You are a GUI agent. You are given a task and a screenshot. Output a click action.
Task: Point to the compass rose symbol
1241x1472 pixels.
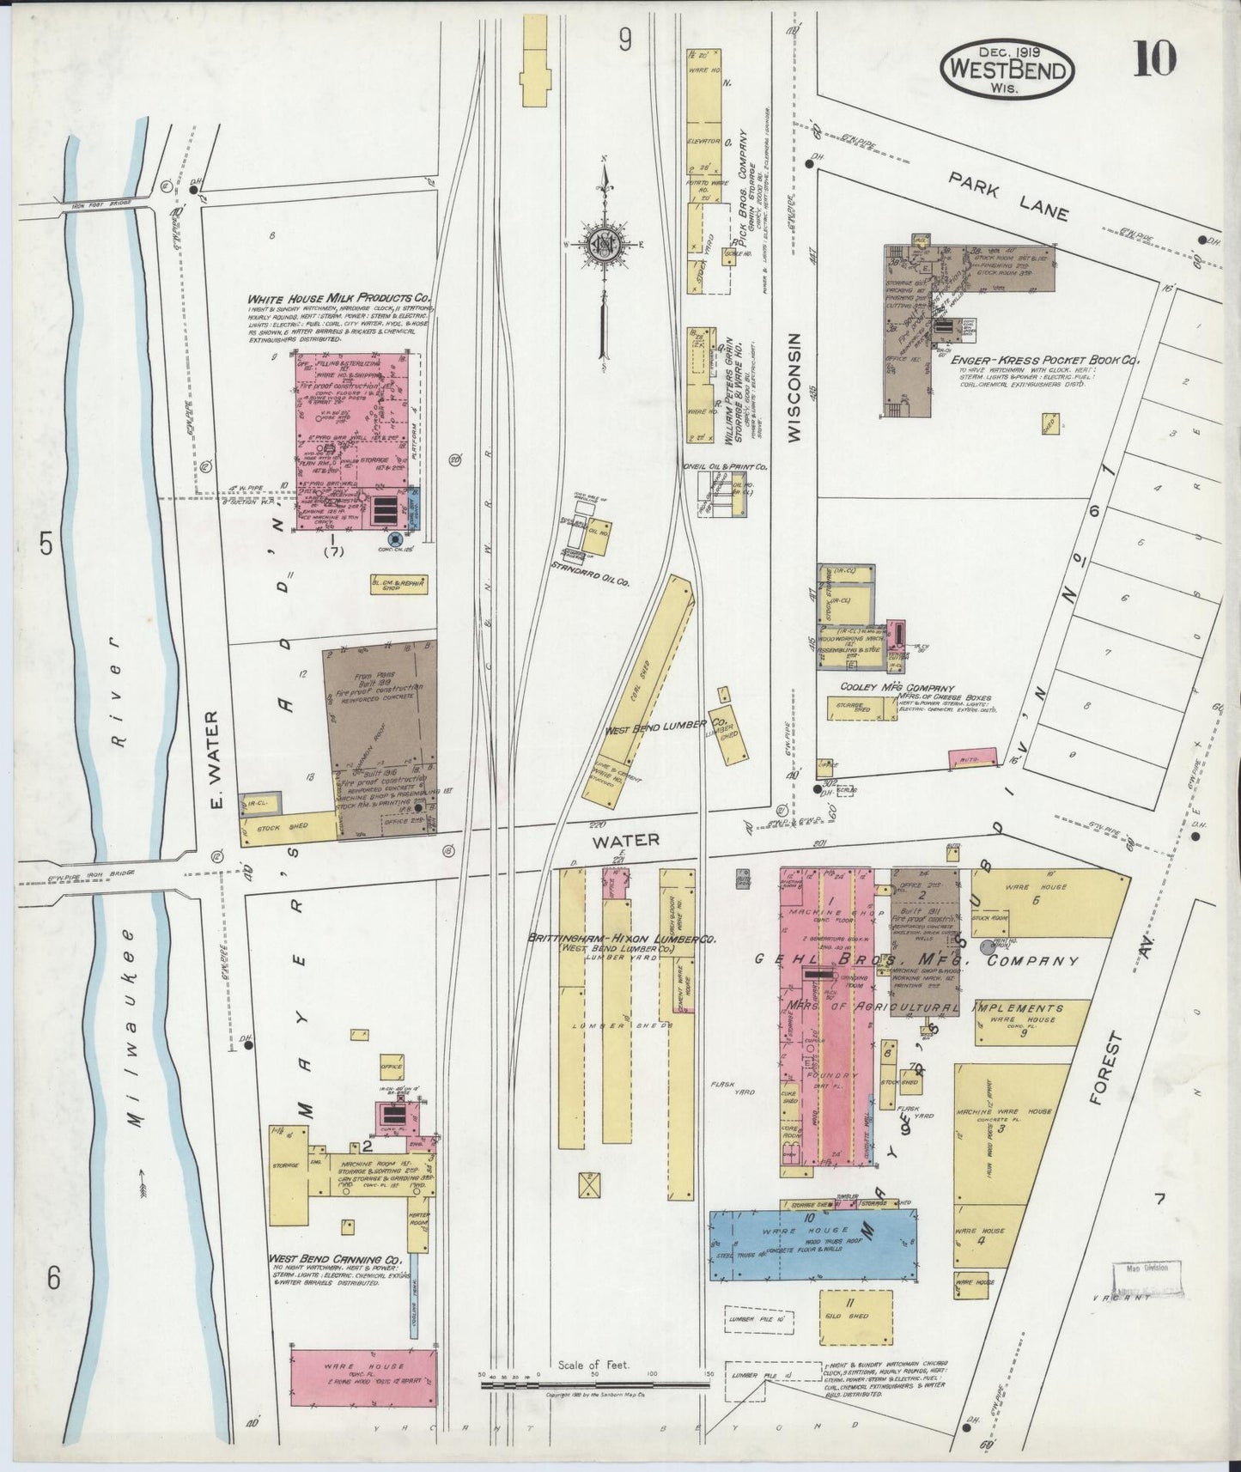(x=604, y=246)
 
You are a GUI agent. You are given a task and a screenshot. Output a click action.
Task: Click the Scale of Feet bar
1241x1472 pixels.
(x=593, y=1383)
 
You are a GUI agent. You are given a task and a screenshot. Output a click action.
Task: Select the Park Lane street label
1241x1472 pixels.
(x=1008, y=197)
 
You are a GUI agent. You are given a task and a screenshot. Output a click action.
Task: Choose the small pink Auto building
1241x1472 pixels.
(x=973, y=758)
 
